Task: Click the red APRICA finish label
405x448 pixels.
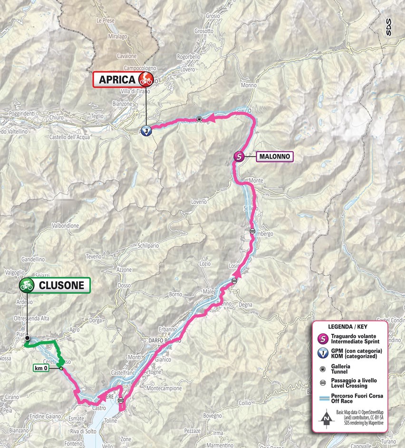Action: point(116,80)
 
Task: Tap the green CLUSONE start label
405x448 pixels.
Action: point(62,285)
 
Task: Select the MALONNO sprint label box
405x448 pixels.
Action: point(275,156)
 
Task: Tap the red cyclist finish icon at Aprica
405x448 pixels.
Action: point(145,79)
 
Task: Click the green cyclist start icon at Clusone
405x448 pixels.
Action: point(27,285)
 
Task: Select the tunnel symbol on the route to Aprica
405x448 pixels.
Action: point(200,119)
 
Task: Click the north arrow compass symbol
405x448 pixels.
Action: point(326,419)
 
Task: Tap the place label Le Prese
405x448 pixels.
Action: point(106,20)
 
